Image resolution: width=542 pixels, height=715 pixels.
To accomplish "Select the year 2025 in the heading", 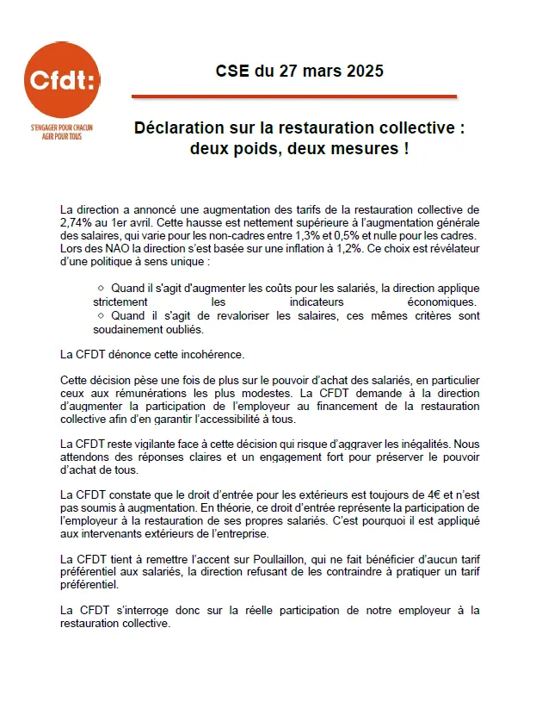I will point(366,71).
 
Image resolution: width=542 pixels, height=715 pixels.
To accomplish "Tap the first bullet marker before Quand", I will point(102,288).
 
